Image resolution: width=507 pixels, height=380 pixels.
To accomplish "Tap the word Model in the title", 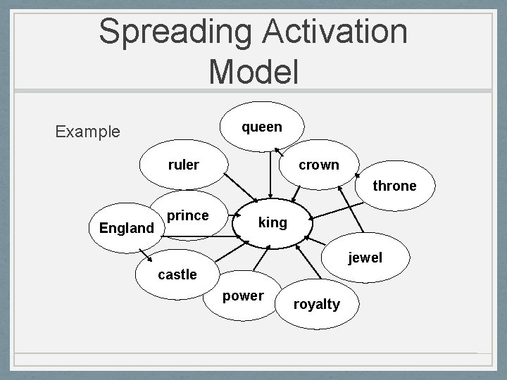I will tap(254, 71).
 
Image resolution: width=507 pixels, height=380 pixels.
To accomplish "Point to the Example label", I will tap(87, 132).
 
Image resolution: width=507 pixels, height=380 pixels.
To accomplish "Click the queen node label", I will tap(261, 127).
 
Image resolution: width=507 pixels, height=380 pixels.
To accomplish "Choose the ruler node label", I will tap(183, 165).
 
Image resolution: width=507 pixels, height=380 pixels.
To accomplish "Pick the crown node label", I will tap(318, 165).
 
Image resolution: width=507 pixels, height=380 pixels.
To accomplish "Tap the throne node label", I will tap(394, 186).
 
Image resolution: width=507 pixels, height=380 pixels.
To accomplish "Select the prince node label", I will tap(189, 215).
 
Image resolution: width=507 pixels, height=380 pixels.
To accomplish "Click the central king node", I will tap(273, 223).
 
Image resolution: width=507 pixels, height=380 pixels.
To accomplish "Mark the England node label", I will tap(127, 228).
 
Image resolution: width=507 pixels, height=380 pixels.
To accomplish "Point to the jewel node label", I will tap(365, 258).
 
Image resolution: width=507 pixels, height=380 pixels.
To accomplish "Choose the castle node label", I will tap(177, 274).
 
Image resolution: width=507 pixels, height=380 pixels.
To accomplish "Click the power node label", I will tap(242, 296).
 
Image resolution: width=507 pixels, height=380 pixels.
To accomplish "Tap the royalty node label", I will tap(316, 304).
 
